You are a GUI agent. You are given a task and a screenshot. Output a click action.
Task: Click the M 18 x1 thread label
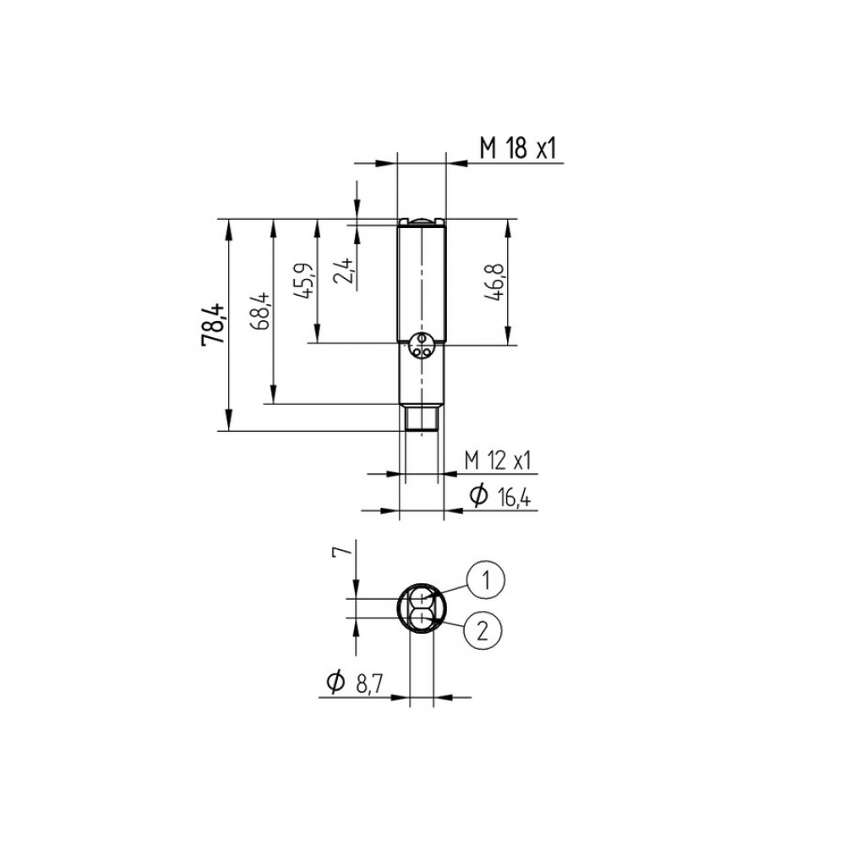[x=517, y=148]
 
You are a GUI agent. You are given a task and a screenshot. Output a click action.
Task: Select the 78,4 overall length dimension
[x=212, y=324]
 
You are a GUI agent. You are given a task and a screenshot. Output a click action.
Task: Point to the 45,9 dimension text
[x=303, y=281]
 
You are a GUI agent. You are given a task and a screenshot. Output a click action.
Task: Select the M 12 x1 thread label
[x=498, y=461]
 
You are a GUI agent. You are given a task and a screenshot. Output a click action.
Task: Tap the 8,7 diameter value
[x=369, y=684]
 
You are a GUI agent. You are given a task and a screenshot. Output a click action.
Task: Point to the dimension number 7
[x=342, y=550]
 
